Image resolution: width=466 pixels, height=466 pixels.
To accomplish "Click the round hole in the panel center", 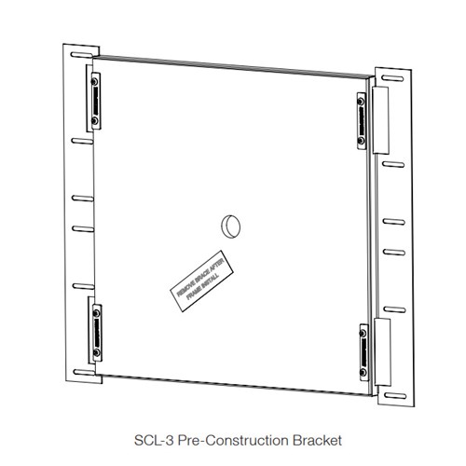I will pyautogui.click(x=230, y=224).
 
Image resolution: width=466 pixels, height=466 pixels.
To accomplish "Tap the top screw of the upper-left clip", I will pyautogui.click(x=93, y=82).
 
